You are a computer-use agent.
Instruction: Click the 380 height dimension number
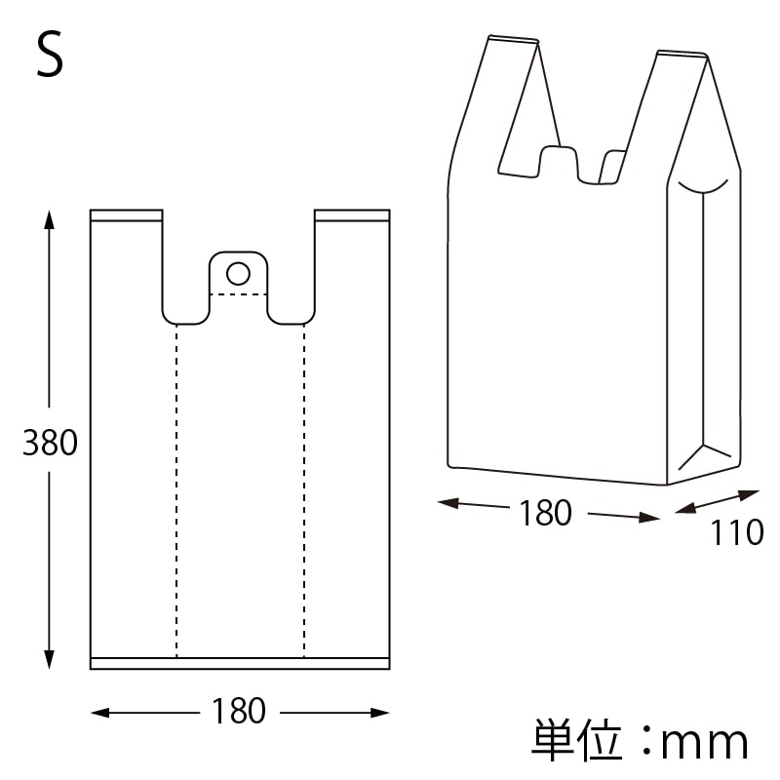click(x=50, y=444)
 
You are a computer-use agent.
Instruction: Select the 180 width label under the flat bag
click(x=239, y=712)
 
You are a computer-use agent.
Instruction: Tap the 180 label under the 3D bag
click(x=545, y=513)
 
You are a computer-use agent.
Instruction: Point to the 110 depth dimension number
click(x=736, y=533)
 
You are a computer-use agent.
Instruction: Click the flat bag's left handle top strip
click(x=126, y=214)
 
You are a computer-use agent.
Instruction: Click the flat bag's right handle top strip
click(x=352, y=214)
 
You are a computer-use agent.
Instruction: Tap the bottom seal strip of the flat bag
click(x=240, y=663)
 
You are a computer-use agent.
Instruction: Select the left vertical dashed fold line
click(x=176, y=487)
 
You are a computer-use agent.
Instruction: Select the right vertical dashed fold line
click(x=303, y=487)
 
